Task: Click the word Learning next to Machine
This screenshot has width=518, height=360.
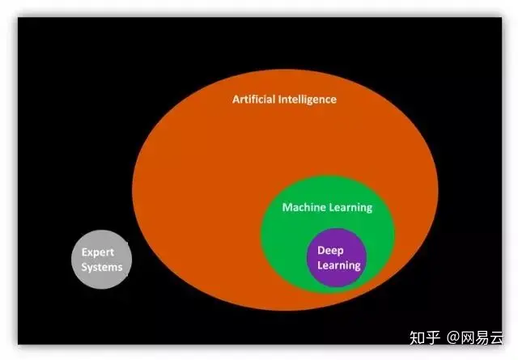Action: pos(351,208)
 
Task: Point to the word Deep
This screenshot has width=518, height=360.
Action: pos(330,251)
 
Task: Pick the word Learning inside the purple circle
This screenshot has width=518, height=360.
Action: pos(338,265)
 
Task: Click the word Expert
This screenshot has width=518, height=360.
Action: pos(97,252)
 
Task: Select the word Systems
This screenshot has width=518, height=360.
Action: pos(101,267)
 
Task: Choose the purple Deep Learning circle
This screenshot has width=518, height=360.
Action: pos(337,275)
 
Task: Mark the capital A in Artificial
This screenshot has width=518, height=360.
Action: pos(236,100)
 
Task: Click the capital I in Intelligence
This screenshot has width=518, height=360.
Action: pos(281,100)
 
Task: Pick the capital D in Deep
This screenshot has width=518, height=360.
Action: pos(321,251)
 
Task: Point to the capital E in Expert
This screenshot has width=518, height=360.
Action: pos(84,252)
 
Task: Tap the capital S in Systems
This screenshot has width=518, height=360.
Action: pos(83,267)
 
